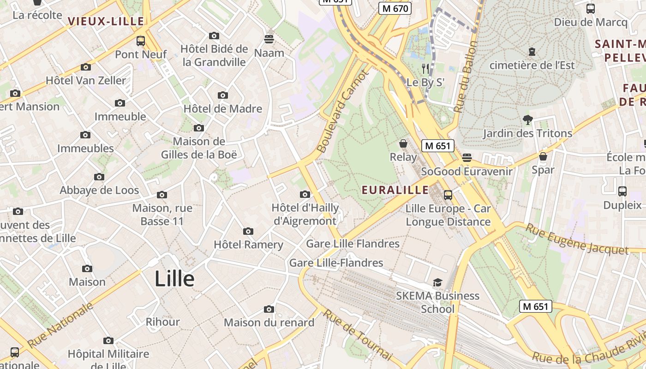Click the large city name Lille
click(x=174, y=279)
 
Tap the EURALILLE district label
click(x=395, y=190)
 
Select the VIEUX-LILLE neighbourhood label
click(x=106, y=21)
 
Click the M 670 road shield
click(x=395, y=8)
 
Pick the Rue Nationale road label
click(x=60, y=326)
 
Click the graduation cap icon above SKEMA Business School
click(x=437, y=282)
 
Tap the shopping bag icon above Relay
click(x=403, y=144)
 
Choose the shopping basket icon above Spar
click(x=543, y=156)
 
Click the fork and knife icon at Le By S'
click(x=425, y=69)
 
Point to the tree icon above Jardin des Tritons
click(x=527, y=120)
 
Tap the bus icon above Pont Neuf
click(x=141, y=41)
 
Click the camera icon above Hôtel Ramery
click(x=248, y=231)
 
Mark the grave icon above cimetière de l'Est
click(x=532, y=52)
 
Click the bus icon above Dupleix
click(x=622, y=191)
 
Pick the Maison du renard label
click(x=269, y=322)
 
